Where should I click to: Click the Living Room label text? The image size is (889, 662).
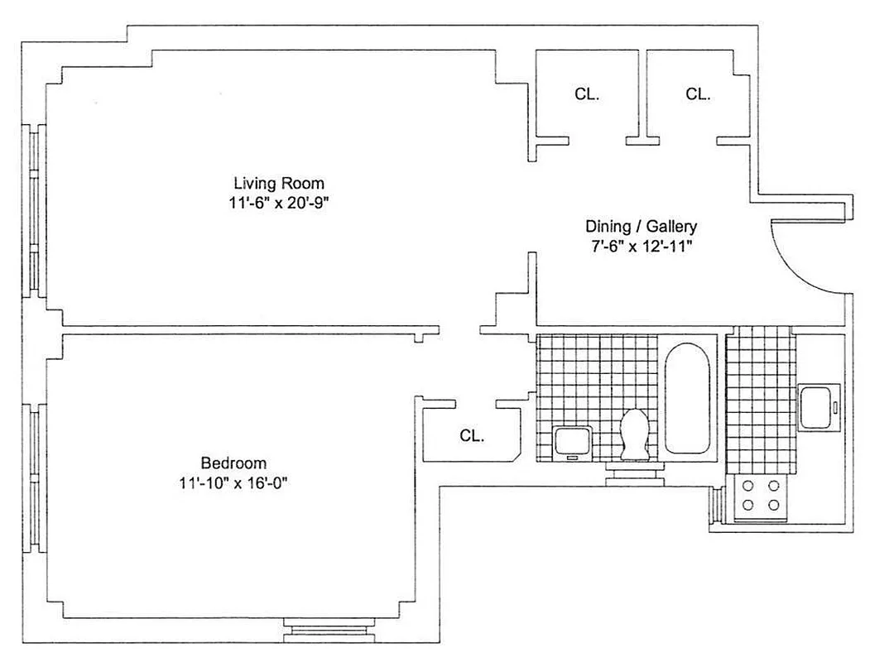[x=278, y=183]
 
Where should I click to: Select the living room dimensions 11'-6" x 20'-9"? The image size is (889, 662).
[x=278, y=203]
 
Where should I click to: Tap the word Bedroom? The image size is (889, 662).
[x=233, y=463]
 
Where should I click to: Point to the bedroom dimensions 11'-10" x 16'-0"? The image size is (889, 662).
[x=233, y=482]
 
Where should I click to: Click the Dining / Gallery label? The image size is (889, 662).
[x=642, y=226]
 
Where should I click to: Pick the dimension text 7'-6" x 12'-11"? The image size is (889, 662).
[x=642, y=246]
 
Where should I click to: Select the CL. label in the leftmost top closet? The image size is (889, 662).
[x=587, y=94]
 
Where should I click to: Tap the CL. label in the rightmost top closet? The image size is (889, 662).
[x=698, y=94]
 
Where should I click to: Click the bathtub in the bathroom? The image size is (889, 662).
[x=687, y=398]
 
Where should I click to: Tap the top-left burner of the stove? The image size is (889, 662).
[x=748, y=487]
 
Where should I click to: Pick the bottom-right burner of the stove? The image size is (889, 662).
[x=774, y=504]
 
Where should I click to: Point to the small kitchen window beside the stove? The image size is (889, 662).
[x=717, y=506]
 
